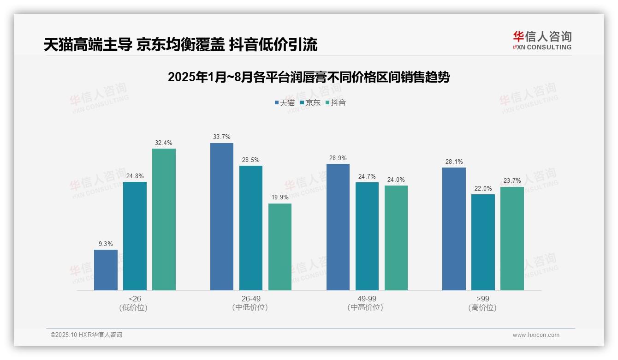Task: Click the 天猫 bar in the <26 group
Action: pyautogui.click(x=106, y=270)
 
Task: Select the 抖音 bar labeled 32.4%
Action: pyautogui.click(x=164, y=219)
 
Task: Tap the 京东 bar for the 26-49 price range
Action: pyautogui.click(x=250, y=228)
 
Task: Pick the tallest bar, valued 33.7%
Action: pyautogui.click(x=222, y=216)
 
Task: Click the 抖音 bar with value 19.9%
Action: pyautogui.click(x=280, y=247)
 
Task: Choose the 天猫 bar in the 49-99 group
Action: pyautogui.click(x=338, y=227)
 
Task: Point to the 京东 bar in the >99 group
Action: pyautogui.click(x=483, y=242)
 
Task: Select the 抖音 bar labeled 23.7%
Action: pyautogui.click(x=512, y=239)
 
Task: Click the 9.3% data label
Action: pyautogui.click(x=106, y=244)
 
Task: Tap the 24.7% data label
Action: pyautogui.click(x=367, y=176)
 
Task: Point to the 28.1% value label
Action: pyautogui.click(x=454, y=162)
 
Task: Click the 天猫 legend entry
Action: pyautogui.click(x=285, y=102)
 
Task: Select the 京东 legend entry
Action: pyautogui.click(x=310, y=102)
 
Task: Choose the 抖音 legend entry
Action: pyautogui.click(x=336, y=102)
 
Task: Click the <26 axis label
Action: pyautogui.click(x=135, y=299)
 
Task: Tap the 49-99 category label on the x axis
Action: pyautogui.click(x=367, y=299)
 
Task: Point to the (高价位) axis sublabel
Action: pyautogui.click(x=482, y=307)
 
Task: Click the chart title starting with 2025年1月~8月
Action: pyautogui.click(x=309, y=77)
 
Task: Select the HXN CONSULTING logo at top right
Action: pyautogui.click(x=542, y=41)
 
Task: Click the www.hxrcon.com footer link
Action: pyautogui.click(x=536, y=335)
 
